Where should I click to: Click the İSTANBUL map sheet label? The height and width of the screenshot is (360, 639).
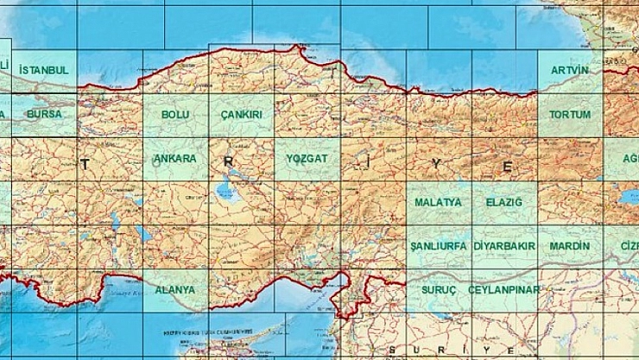coord(43,69)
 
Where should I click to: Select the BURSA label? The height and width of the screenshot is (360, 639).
coord(44,114)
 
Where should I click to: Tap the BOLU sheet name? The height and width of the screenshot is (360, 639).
coord(175,114)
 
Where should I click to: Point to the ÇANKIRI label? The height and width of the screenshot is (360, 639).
coord(241,114)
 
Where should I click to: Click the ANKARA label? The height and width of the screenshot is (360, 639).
coord(175,159)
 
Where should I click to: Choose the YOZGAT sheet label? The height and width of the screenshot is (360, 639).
coord(307,159)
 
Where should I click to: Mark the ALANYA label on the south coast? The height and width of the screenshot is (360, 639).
coord(175,290)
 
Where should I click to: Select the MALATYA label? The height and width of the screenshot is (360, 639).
coord(438,202)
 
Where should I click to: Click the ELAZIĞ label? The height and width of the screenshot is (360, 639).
coord(504,202)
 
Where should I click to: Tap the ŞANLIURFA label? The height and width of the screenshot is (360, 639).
coord(438,246)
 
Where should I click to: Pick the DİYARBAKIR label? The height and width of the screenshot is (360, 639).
coord(504,246)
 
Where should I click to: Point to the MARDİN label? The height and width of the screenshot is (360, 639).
coord(570,246)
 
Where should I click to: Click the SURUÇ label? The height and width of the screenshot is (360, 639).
coord(439,290)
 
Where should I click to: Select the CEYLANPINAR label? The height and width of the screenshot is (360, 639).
coord(504,290)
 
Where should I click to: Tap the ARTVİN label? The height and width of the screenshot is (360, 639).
coord(570,69)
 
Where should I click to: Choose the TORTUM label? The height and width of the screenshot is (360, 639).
coord(570,114)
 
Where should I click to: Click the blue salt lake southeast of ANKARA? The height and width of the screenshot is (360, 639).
coord(227,189)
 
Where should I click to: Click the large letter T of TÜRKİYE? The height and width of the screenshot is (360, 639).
coord(85,163)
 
